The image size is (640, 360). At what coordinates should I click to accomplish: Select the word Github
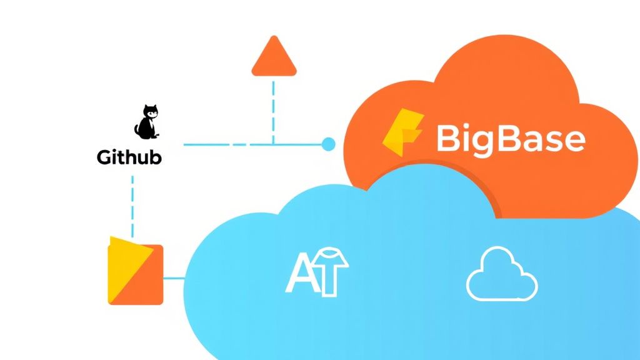click(129, 157)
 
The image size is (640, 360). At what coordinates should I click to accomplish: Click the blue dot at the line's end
click(328, 145)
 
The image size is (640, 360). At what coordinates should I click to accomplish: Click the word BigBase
click(510, 138)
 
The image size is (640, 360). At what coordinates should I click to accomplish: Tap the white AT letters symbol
click(316, 272)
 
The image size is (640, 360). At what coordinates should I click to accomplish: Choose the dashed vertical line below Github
click(133, 204)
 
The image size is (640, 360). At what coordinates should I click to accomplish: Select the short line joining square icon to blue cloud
click(174, 277)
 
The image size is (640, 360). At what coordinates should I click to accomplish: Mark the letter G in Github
click(104, 157)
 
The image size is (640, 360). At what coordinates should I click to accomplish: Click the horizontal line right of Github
click(250, 145)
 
